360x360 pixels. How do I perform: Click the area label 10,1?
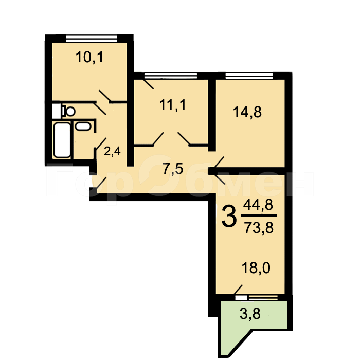click(x=90, y=57)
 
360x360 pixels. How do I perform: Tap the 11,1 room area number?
click(x=172, y=106)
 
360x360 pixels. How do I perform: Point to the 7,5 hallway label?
click(x=173, y=169)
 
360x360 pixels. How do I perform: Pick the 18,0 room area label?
click(x=256, y=267)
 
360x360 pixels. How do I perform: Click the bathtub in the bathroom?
click(x=62, y=139)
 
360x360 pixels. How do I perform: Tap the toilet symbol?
click(x=66, y=110)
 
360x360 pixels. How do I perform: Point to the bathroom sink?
click(x=82, y=126)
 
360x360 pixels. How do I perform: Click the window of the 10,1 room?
click(x=89, y=38)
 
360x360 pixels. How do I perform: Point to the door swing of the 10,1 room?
click(x=105, y=100)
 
